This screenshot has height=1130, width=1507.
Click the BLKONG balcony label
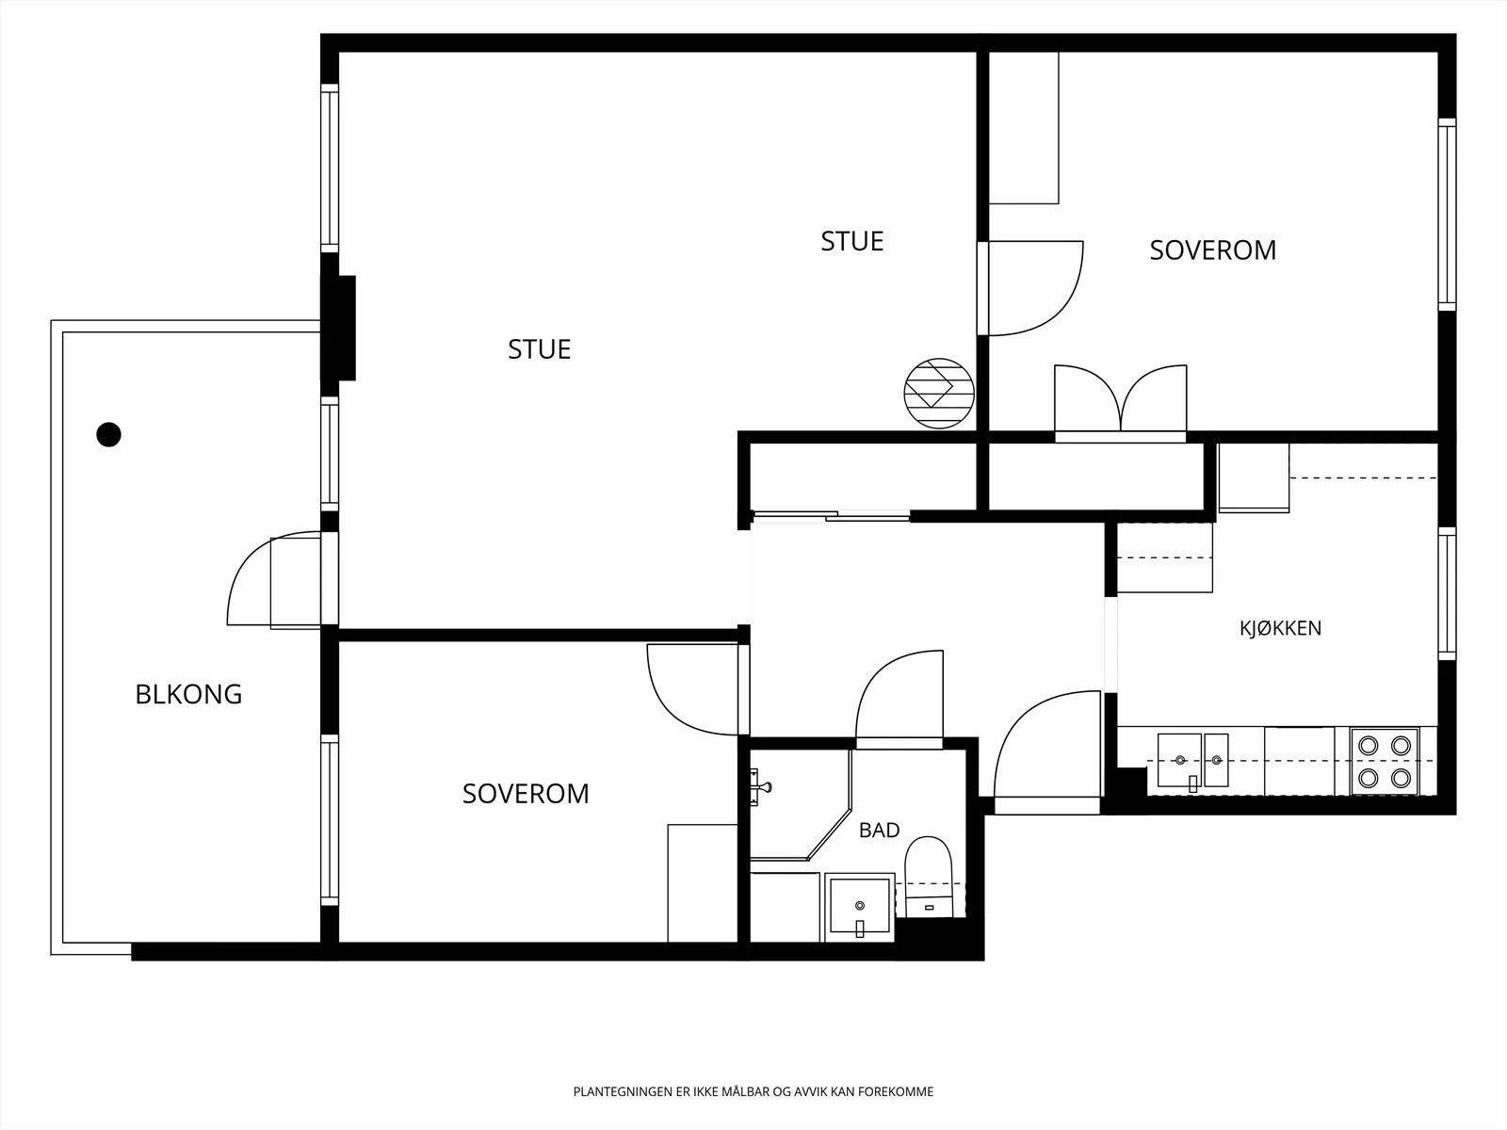188,694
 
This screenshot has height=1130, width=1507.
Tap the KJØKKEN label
1280,628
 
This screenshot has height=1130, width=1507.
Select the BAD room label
880,831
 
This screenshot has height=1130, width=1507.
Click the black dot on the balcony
108,434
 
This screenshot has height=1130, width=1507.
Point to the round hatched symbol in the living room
938,393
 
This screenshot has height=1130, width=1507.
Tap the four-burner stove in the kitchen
1385,762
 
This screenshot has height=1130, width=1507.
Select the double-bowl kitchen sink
1192,761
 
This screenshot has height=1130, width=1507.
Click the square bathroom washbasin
860,906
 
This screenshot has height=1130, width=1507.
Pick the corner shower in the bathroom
800,805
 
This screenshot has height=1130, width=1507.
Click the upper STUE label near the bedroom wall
852,241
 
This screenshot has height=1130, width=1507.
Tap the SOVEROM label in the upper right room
1213,250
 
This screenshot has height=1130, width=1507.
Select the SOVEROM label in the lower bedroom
526,794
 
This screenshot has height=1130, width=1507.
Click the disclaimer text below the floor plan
753,1091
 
